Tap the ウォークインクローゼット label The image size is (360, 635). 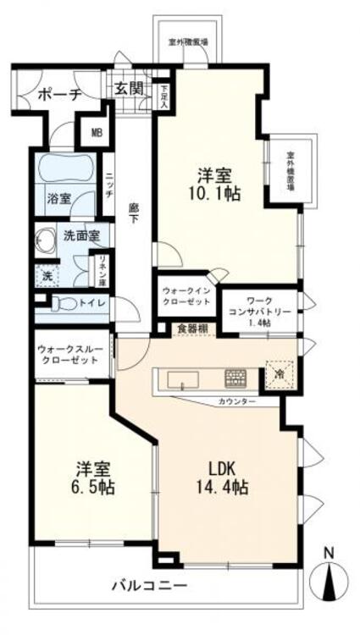click(x=185, y=295)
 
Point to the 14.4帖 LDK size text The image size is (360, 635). click(x=222, y=487)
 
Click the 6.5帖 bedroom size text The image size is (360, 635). click(x=93, y=488)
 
